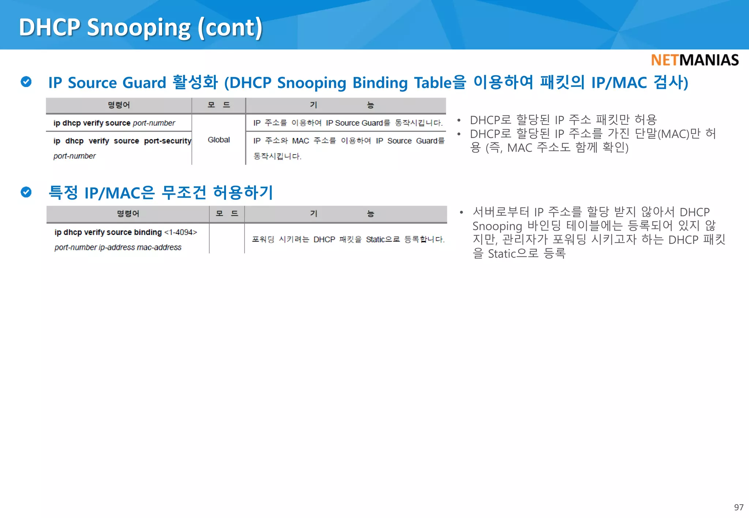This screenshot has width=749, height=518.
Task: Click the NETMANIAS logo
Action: click(x=695, y=60)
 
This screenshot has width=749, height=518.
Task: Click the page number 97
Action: click(x=738, y=507)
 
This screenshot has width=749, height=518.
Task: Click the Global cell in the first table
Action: click(x=219, y=140)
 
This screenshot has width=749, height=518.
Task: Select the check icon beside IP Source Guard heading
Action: click(x=26, y=82)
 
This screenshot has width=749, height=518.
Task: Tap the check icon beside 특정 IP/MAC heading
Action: click(x=26, y=192)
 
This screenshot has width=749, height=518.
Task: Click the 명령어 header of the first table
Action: click(x=118, y=105)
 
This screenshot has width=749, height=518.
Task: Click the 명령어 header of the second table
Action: click(x=128, y=214)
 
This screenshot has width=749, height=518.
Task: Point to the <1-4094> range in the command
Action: click(x=181, y=232)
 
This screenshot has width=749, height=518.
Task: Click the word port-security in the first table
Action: click(x=168, y=141)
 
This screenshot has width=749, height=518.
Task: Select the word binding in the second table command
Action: click(x=148, y=232)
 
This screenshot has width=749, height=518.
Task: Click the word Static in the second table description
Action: click(x=375, y=240)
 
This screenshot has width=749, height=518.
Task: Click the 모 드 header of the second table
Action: click(x=227, y=214)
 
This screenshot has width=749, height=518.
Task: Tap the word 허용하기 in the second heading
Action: click(x=243, y=193)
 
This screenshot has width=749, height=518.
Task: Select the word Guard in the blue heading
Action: click(x=144, y=83)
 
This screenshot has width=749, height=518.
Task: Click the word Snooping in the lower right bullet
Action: click(x=497, y=226)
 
